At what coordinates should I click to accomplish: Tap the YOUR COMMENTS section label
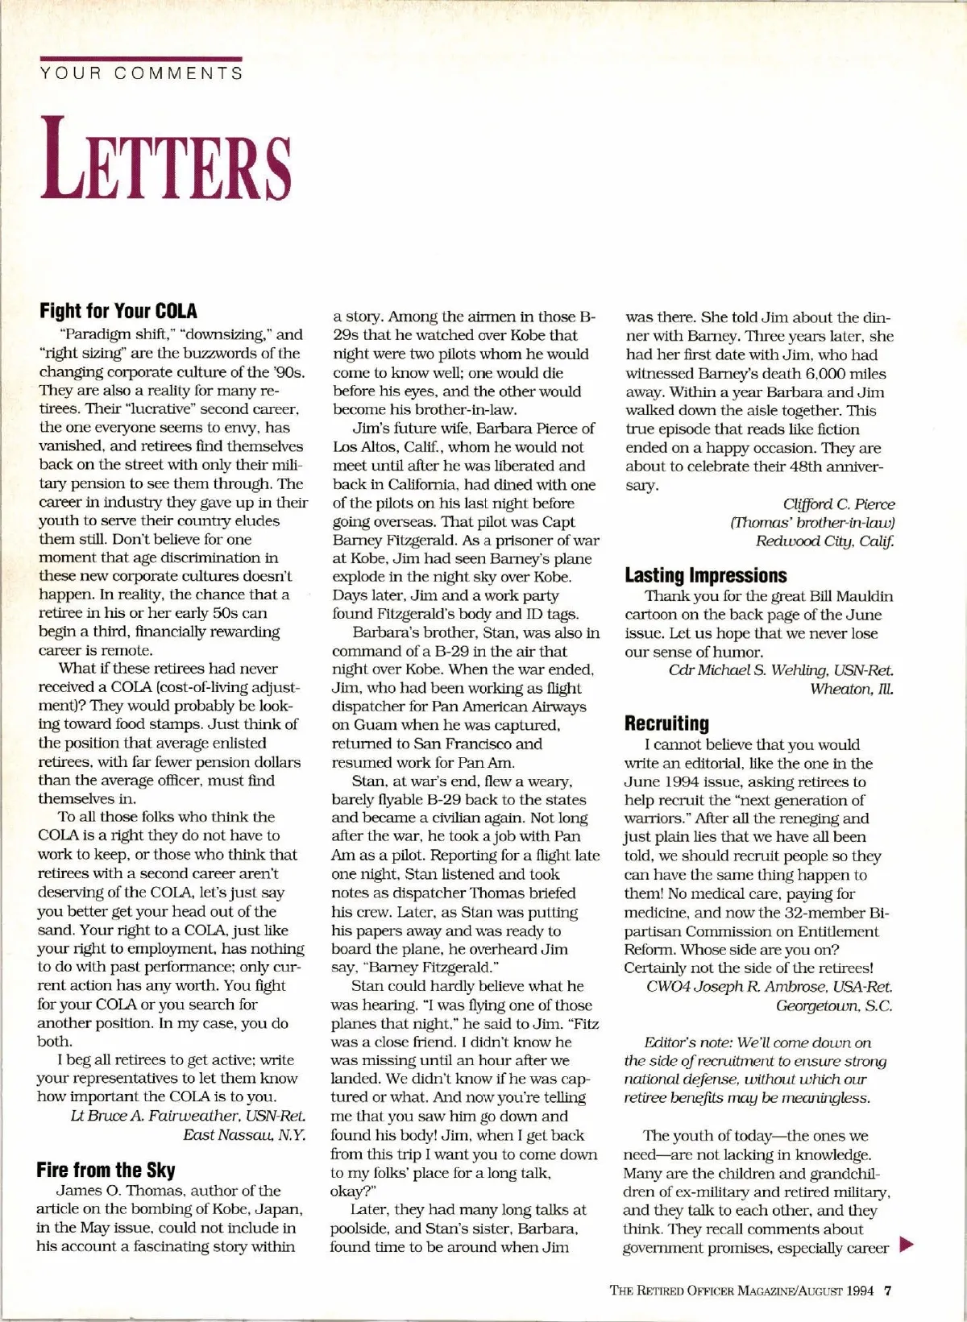coord(141,74)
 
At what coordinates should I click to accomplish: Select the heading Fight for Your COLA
coord(118,311)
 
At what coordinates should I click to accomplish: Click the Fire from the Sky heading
coord(106,1170)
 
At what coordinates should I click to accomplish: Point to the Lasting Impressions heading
coord(706,575)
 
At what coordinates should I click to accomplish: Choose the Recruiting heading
coord(667,723)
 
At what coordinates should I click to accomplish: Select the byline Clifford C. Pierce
coord(839,504)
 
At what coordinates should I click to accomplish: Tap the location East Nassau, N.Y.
coord(244,1135)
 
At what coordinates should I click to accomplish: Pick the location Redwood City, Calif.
coord(825,541)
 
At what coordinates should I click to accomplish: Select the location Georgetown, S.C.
coord(834,1005)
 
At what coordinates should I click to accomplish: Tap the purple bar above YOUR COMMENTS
coord(141,58)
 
